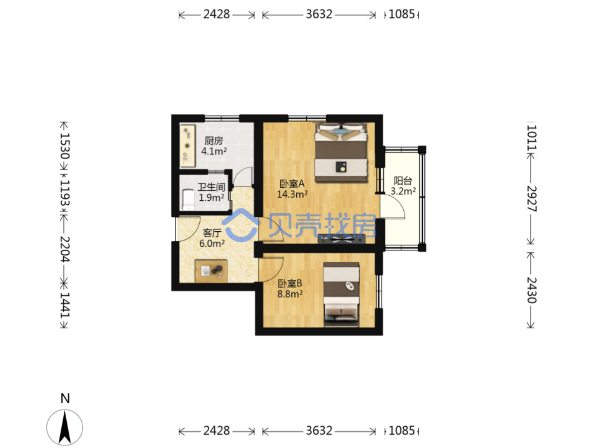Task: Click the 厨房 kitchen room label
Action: coord(214,141)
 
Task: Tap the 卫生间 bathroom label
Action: coord(211,187)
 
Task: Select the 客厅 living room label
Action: coord(212,233)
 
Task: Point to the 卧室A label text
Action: coord(292,184)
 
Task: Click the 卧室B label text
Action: coord(290,284)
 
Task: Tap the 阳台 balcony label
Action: coord(403,180)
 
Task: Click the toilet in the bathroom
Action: coord(188,200)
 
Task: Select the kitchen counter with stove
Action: coord(188,146)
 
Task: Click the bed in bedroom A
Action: coord(341,152)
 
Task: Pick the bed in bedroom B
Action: coord(342,295)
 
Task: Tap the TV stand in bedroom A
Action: coord(342,239)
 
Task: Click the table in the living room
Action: coord(211,271)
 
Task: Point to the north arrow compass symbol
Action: coord(65,428)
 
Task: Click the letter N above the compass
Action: coord(65,398)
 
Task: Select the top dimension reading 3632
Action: coord(319,14)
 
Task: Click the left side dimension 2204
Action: coord(65,249)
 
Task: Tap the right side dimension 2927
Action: coord(532,199)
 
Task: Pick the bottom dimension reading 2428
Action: coord(217,431)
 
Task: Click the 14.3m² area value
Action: coord(292,194)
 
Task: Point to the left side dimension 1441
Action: coord(65,305)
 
